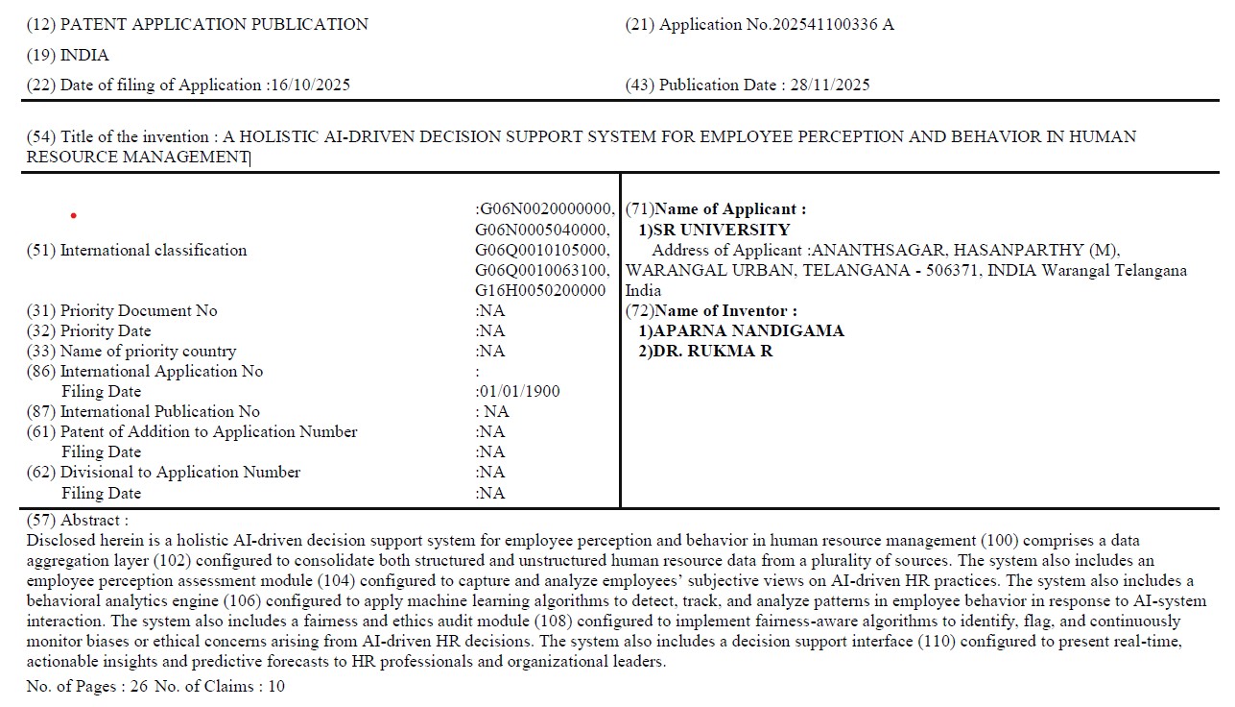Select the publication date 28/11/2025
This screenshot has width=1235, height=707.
[x=830, y=85]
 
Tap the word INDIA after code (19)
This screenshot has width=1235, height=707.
[x=84, y=55]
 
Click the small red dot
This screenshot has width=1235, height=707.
[x=74, y=215]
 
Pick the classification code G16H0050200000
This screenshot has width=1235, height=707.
[x=541, y=290]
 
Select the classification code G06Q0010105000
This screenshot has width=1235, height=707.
[x=542, y=250]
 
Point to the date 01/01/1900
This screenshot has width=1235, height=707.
[x=519, y=391]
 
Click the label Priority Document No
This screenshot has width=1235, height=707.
[x=138, y=310]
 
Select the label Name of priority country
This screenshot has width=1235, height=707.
[x=148, y=351]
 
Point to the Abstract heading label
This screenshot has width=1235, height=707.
[x=92, y=520]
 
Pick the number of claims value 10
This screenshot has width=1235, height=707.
[x=275, y=686]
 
